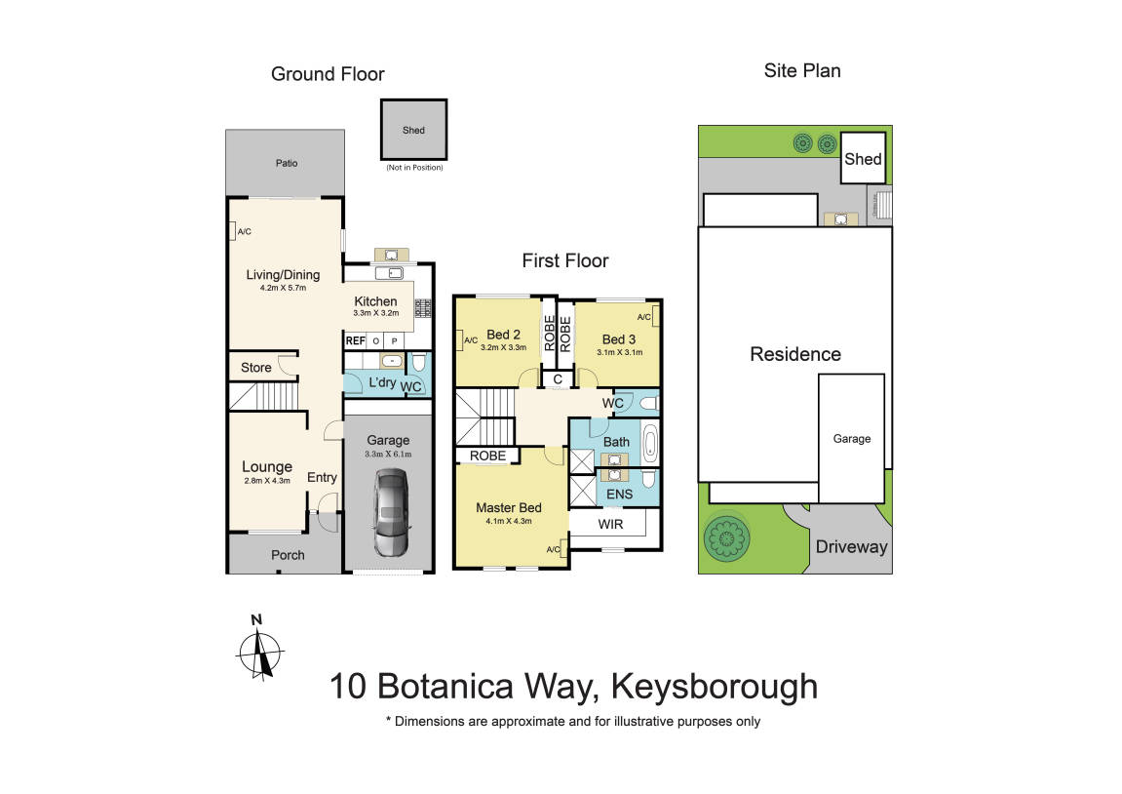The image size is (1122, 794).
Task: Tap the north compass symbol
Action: (259, 648)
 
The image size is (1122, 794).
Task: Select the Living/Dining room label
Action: (283, 275)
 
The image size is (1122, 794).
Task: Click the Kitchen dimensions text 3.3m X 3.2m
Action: (375, 314)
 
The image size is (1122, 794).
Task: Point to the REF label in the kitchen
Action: (355, 340)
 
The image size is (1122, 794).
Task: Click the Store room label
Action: (256, 368)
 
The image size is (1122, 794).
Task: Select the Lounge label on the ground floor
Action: (266, 467)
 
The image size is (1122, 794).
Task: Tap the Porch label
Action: (288, 555)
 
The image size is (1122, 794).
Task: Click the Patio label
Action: (286, 163)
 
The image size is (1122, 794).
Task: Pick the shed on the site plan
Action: (863, 159)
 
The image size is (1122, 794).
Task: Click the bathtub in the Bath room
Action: (650, 444)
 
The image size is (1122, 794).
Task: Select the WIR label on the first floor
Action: (610, 524)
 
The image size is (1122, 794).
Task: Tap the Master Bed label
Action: (508, 507)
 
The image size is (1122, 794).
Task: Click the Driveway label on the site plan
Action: (852, 547)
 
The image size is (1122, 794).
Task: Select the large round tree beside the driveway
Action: (727, 536)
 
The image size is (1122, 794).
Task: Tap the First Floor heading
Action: (564, 260)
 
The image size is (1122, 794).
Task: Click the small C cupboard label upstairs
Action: (557, 379)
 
